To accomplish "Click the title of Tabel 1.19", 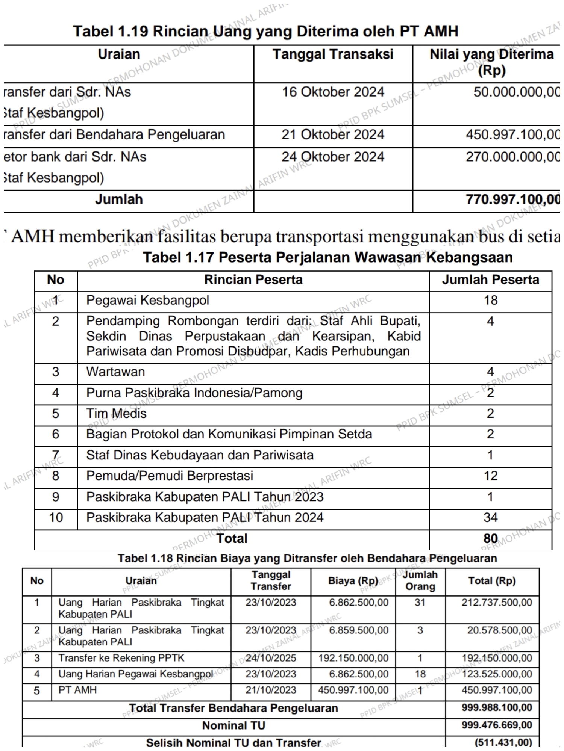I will (265, 31).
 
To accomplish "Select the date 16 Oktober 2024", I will (333, 92).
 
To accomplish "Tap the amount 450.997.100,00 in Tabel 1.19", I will (513, 134).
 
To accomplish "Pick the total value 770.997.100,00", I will (513, 199).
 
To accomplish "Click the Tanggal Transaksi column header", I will (333, 54).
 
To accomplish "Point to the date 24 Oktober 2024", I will (333, 157).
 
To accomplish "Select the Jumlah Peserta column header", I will (490, 280).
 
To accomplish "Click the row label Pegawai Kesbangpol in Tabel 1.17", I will (147, 300).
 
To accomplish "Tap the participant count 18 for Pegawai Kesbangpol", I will (490, 300).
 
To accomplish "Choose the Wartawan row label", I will (115, 372).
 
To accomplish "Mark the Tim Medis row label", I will (116, 413).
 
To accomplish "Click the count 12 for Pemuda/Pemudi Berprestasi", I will (490, 476).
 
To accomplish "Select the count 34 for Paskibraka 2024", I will (490, 517).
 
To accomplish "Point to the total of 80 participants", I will (490, 538).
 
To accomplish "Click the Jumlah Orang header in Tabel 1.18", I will (420, 580).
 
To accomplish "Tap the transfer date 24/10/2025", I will (271, 658).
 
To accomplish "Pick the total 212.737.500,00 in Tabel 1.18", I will (497, 602).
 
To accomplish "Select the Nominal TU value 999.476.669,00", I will (497, 725).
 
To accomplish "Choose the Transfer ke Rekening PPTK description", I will (121, 658).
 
